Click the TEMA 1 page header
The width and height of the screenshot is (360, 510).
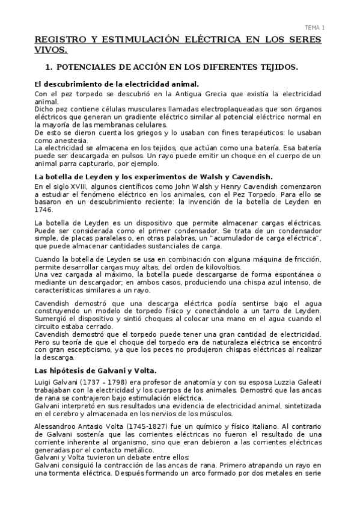[x=314, y=28]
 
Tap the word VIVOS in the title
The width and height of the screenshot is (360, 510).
[x=51, y=51]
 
